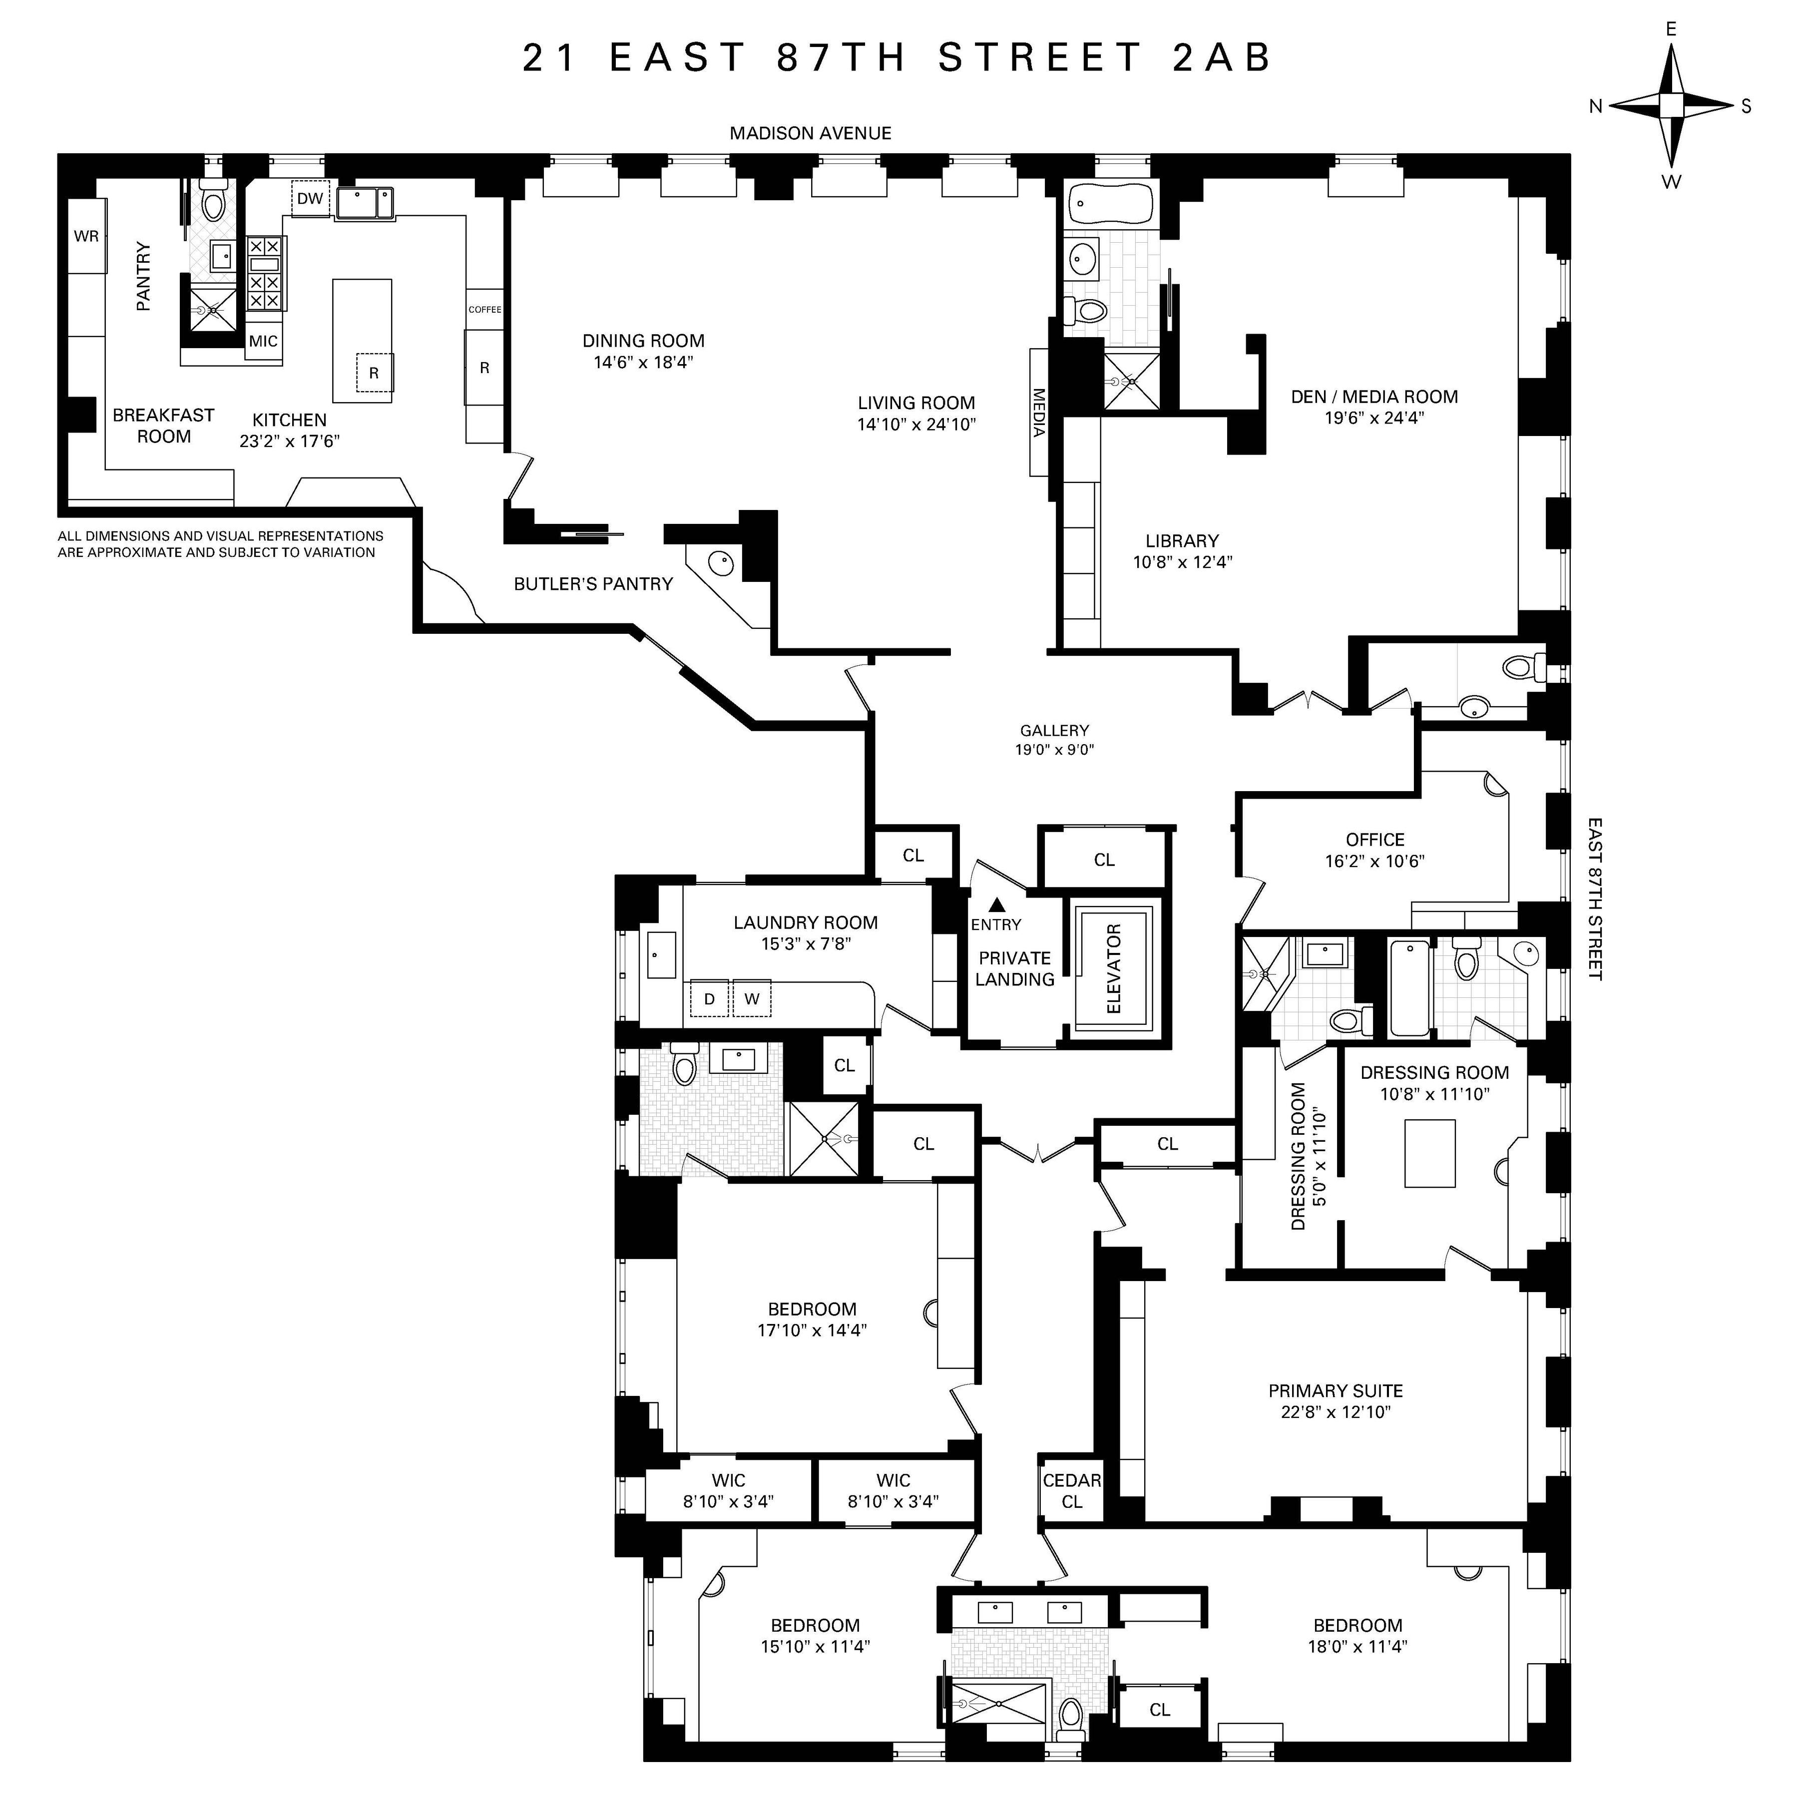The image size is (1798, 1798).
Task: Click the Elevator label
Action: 1114,969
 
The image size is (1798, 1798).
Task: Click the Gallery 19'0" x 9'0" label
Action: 1054,740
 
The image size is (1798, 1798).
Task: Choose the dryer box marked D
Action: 709,998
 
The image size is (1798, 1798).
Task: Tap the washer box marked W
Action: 752,998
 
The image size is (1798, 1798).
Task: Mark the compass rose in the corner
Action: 1672,106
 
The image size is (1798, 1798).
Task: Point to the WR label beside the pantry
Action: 86,236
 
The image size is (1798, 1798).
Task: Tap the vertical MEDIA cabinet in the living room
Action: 1039,412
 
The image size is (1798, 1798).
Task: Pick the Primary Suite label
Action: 1336,1390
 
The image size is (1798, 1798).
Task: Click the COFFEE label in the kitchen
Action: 485,309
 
